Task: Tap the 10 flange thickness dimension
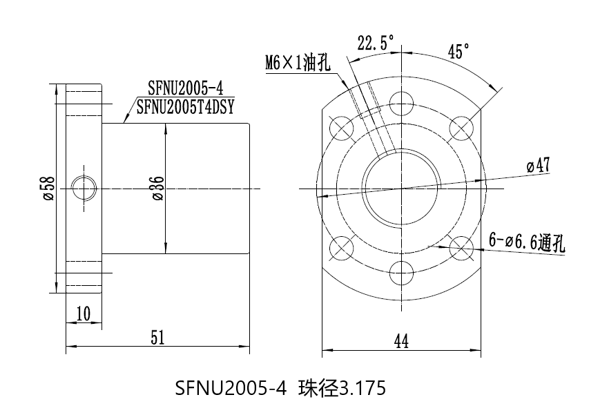point(84,314)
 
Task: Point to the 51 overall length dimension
point(158,337)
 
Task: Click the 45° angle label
point(458,52)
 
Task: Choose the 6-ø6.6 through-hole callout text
point(527,241)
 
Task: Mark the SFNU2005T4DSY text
point(186,106)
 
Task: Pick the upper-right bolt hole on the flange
point(459,126)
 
